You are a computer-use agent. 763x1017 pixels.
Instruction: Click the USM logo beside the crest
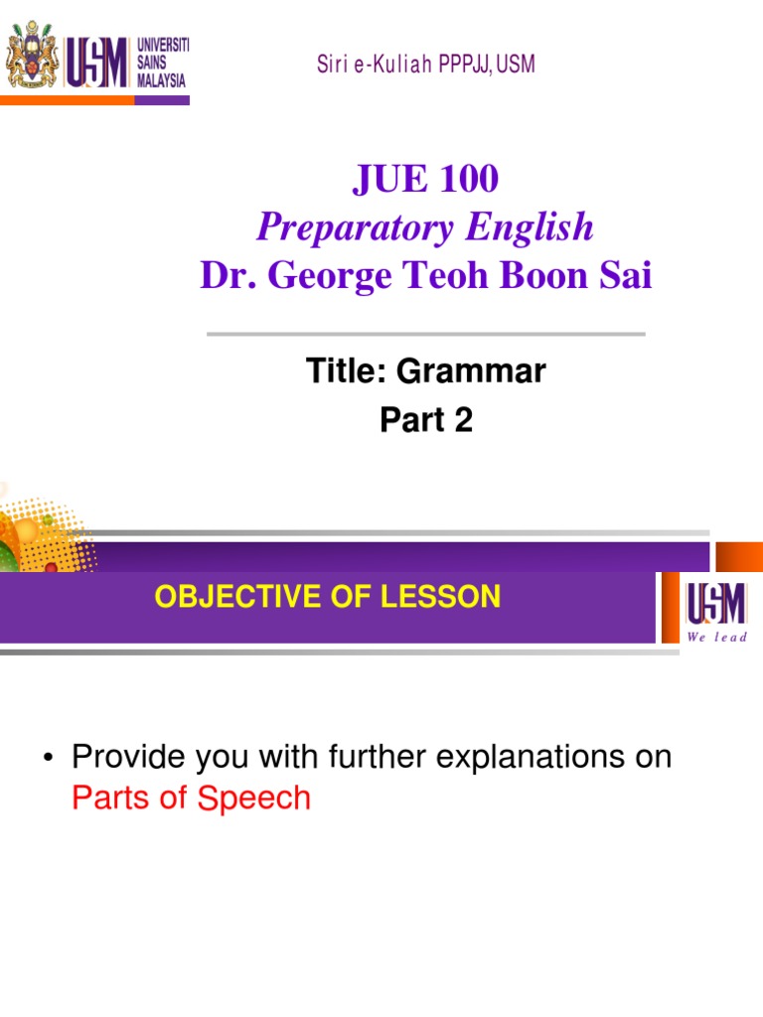[x=98, y=63]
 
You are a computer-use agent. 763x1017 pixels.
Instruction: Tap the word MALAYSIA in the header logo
[x=161, y=80]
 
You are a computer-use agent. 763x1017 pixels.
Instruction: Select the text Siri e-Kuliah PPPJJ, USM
[x=425, y=66]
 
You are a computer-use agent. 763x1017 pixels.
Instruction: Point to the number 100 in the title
[x=467, y=180]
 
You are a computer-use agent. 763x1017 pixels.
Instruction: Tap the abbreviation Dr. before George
[x=225, y=275]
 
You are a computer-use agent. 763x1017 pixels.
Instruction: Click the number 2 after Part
[x=463, y=421]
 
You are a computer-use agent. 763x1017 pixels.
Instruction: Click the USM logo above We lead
[x=713, y=603]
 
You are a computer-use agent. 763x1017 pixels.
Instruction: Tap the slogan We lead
[x=716, y=637]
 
